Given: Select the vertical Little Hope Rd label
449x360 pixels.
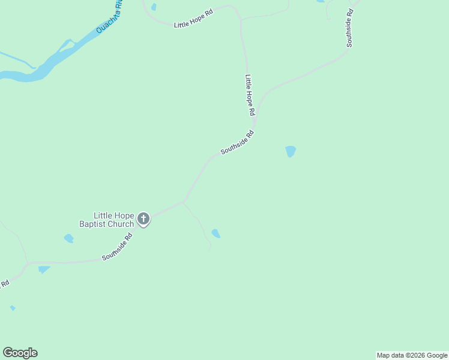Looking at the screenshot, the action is coord(250,95).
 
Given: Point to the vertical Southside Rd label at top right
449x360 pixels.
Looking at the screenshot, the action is coord(349,28).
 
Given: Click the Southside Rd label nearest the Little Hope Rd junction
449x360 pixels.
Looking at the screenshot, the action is coord(237,143).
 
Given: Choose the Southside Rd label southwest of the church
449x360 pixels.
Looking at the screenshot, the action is coord(116,247).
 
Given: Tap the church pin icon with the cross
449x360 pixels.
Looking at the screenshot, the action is coord(143,219).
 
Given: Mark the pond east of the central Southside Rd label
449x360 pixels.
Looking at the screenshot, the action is coord(291,151).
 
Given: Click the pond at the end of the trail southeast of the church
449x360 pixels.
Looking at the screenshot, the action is coord(215,233).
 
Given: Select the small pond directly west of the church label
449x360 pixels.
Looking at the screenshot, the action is coord(68,238).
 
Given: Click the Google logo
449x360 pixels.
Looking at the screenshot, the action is coord(20,353).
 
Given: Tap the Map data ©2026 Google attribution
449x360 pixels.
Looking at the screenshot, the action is coord(412,355).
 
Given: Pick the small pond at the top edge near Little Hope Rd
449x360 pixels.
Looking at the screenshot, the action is coord(154,7).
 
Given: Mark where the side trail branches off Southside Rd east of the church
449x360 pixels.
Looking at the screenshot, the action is coord(182,202).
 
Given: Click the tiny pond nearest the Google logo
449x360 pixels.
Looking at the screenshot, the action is coord(13,308).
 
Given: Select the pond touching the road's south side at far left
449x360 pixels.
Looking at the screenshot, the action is coord(43,269).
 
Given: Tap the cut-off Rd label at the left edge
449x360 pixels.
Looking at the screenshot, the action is coord(5,283).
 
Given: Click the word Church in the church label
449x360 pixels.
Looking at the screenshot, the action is coord(121,224).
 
